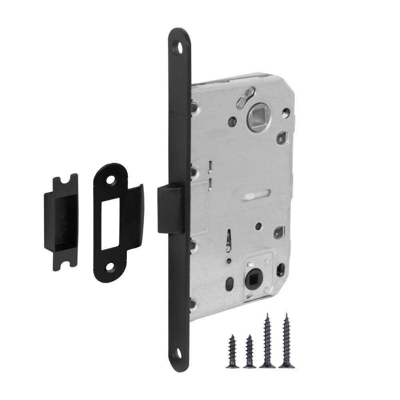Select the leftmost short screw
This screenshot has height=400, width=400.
pos(232,352)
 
